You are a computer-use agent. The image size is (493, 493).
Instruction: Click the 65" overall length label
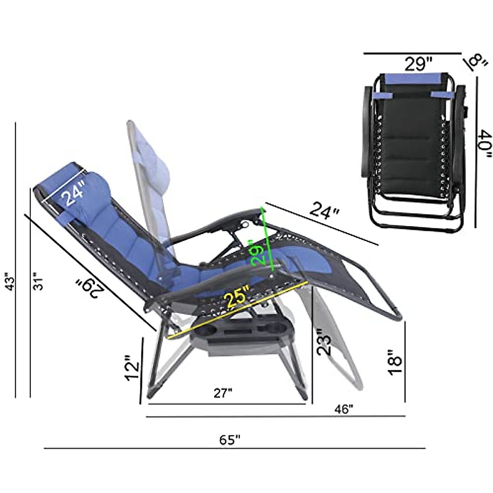point(229,440)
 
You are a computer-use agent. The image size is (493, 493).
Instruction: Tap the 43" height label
point(11,282)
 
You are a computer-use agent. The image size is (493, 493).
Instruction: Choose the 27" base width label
point(223,393)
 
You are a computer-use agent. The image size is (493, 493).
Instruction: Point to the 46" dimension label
point(344,409)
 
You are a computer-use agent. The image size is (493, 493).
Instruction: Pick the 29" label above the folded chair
point(418,64)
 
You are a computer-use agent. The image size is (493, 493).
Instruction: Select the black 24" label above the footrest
point(324,211)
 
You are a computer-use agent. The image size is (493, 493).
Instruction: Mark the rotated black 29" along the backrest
point(90,288)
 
